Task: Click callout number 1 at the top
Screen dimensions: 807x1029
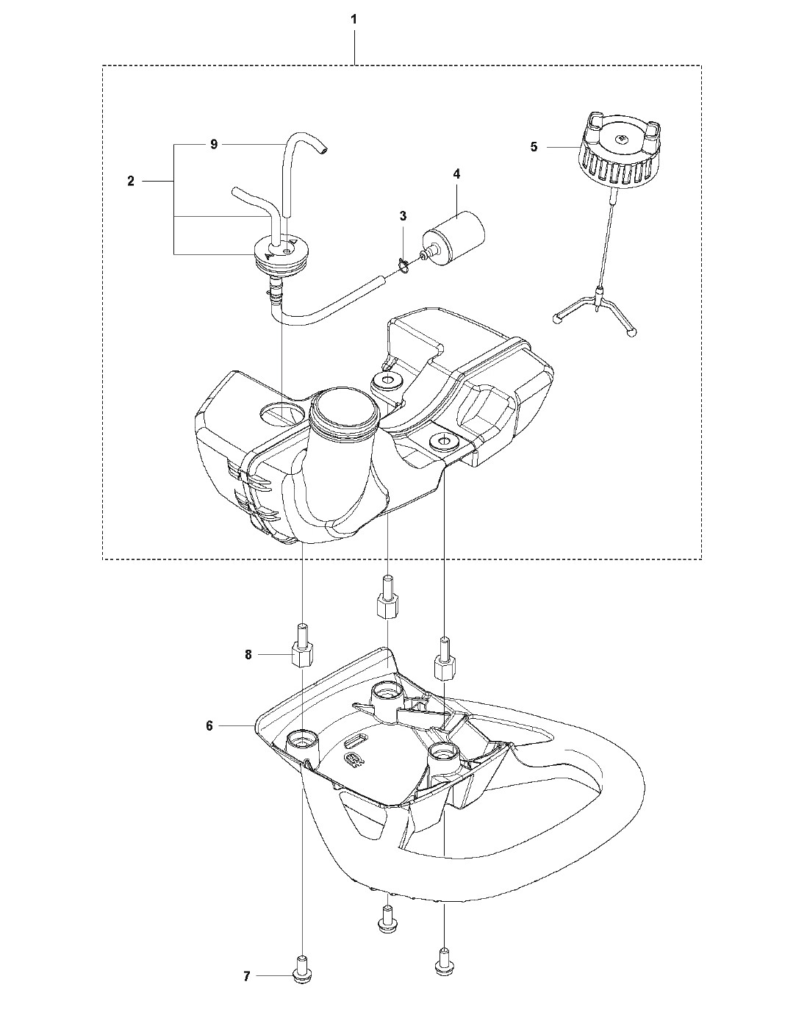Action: click(354, 20)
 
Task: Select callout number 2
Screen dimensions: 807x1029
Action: click(131, 181)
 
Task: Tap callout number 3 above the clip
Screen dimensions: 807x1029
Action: click(403, 216)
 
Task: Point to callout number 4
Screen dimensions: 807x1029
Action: click(456, 173)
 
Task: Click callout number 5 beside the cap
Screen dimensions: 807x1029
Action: click(534, 147)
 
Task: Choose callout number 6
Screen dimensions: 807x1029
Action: click(209, 725)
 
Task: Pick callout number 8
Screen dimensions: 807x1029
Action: click(248, 655)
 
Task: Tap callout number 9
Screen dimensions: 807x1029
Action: click(214, 145)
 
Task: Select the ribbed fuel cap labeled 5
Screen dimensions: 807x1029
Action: click(619, 147)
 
